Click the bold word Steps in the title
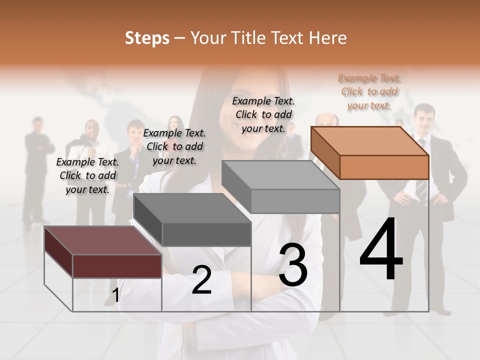(147, 38)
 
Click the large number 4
(381, 250)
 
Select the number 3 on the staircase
(293, 264)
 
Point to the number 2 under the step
(201, 280)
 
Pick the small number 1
(115, 295)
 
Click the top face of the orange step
(369, 141)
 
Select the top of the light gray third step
(280, 175)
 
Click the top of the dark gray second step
(191, 207)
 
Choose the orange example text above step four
(369, 91)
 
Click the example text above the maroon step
(87, 175)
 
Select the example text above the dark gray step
(174, 146)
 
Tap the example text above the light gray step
(263, 114)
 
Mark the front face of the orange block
(384, 167)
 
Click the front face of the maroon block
(117, 265)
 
